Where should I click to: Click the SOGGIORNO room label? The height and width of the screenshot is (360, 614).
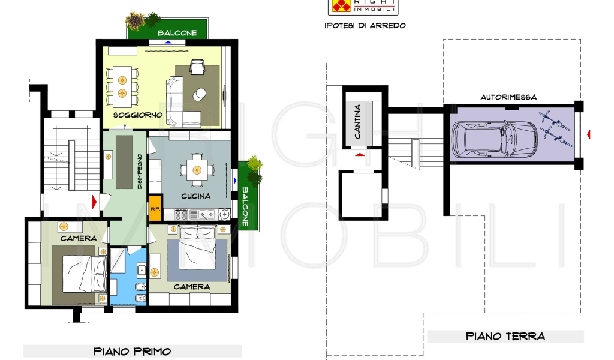pos(137,115)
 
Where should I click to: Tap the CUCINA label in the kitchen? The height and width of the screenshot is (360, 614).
pos(196,196)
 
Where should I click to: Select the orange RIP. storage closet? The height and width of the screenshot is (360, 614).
pos(155,208)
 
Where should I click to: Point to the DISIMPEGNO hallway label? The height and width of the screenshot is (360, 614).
pos(140,171)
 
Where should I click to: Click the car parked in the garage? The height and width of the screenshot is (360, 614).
pos(494,139)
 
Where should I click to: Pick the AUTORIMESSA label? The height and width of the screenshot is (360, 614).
pos(508,97)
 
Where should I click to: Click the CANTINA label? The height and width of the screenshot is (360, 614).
pos(357,121)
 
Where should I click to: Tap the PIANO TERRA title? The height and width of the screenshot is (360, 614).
pos(505,336)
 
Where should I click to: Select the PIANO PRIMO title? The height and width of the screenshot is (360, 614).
pos(133,352)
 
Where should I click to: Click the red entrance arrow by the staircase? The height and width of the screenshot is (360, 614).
pos(94,202)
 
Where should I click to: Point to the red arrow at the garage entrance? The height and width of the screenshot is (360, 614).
pos(589,134)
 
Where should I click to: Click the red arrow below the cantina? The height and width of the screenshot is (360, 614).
pos(360,155)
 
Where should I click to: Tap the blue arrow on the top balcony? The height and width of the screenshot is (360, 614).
pos(168,43)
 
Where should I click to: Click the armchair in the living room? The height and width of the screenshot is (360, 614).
pos(197,67)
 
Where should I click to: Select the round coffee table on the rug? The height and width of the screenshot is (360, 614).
pos(199,94)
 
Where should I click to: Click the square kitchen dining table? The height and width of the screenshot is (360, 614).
pos(197,170)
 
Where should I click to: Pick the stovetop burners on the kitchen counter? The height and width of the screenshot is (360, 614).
pos(181,214)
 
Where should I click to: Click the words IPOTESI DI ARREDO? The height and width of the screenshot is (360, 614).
pos(365,25)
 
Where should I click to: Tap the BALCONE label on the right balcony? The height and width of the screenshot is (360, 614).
pos(245,206)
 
